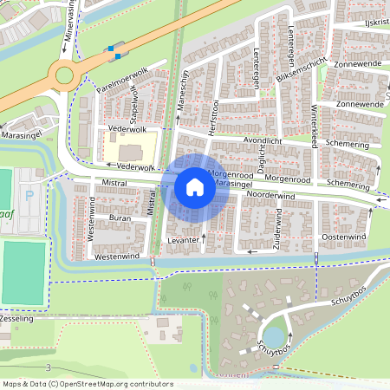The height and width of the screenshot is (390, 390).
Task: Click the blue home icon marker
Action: [195, 186]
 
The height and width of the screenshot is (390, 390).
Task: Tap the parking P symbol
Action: [29, 195]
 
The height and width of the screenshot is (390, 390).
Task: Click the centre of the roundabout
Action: [65, 76]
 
